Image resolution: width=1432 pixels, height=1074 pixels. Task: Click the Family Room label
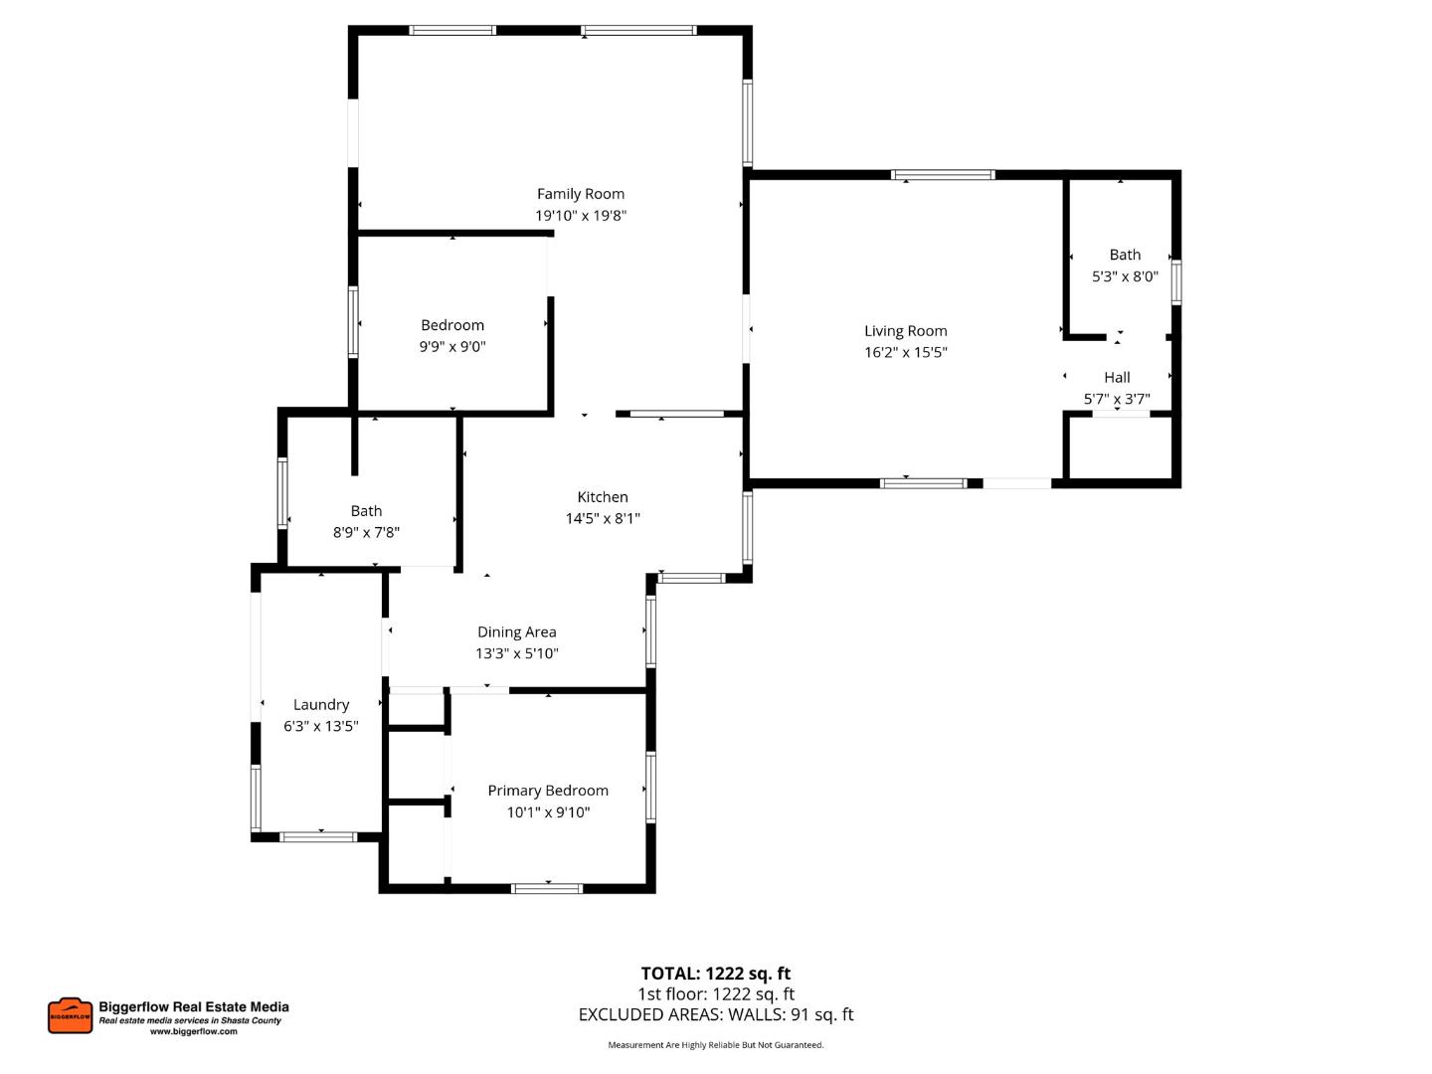pyautogui.click(x=581, y=194)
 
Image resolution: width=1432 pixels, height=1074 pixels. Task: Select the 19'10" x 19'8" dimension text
pyautogui.click(x=581, y=216)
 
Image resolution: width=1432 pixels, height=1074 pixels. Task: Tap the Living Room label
pyautogui.click(x=905, y=331)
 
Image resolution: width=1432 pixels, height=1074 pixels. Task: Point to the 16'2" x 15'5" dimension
pyautogui.click(x=905, y=352)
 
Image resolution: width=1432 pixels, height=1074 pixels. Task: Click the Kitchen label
pyautogui.click(x=603, y=497)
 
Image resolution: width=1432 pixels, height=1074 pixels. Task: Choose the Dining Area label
pyautogui.click(x=516, y=632)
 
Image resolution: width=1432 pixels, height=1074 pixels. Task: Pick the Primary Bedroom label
pyautogui.click(x=548, y=791)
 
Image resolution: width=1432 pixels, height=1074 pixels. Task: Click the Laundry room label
pyautogui.click(x=321, y=705)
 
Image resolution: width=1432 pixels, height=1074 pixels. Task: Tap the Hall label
pyautogui.click(x=1117, y=378)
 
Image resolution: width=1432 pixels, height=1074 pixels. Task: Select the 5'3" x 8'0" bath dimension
pyautogui.click(x=1125, y=276)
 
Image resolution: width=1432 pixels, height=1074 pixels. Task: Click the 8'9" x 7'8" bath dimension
pyautogui.click(x=366, y=533)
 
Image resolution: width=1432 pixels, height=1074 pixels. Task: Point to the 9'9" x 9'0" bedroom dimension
pyautogui.click(x=452, y=347)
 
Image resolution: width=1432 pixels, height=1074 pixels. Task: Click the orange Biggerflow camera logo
pyautogui.click(x=70, y=1015)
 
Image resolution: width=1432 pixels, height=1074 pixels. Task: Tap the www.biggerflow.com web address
pyautogui.click(x=194, y=1032)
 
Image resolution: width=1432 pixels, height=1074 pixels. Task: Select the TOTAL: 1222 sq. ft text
pyautogui.click(x=716, y=974)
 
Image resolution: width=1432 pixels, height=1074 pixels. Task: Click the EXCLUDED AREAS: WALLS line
pyautogui.click(x=716, y=1015)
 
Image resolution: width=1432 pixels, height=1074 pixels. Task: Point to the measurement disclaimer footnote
pyautogui.click(x=716, y=1045)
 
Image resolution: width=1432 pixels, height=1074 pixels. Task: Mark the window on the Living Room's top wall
pyautogui.click(x=943, y=175)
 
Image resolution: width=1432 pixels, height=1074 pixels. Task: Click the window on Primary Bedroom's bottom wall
pyautogui.click(x=547, y=888)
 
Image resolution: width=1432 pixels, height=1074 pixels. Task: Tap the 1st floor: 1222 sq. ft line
pyautogui.click(x=716, y=994)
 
